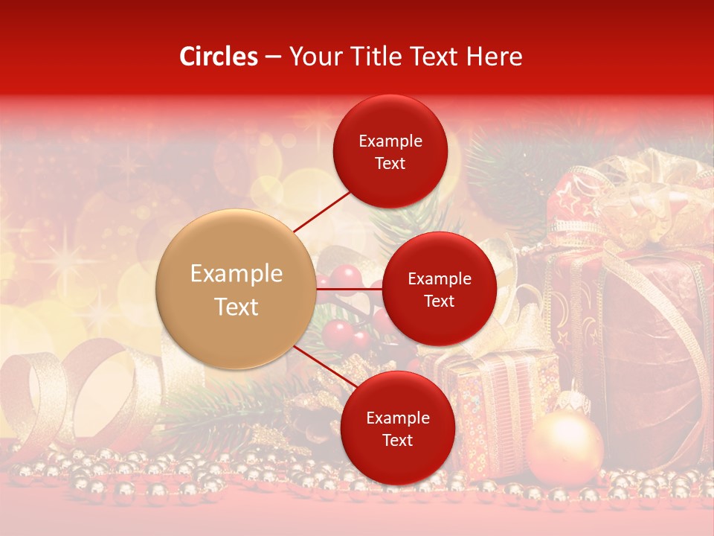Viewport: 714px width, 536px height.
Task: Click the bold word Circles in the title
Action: pyautogui.click(x=218, y=57)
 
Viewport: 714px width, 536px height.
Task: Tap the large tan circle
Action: pyautogui.click(x=237, y=289)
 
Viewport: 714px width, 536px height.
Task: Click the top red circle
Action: pyautogui.click(x=390, y=151)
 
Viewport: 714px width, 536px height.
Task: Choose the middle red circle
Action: pyautogui.click(x=439, y=289)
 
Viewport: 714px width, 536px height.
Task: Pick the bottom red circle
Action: pyautogui.click(x=397, y=428)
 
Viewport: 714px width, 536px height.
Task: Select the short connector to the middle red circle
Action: pyautogui.click(x=350, y=288)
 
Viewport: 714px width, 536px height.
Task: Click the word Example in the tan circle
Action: pyautogui.click(x=237, y=274)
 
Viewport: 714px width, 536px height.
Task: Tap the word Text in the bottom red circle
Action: pyautogui.click(x=397, y=440)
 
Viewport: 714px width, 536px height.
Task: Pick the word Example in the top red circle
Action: pyautogui.click(x=390, y=141)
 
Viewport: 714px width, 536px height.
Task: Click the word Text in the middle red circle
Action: pyautogui.click(x=439, y=301)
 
